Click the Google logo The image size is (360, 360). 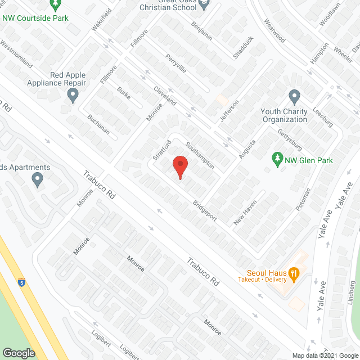19,353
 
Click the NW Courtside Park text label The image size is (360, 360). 35,18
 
